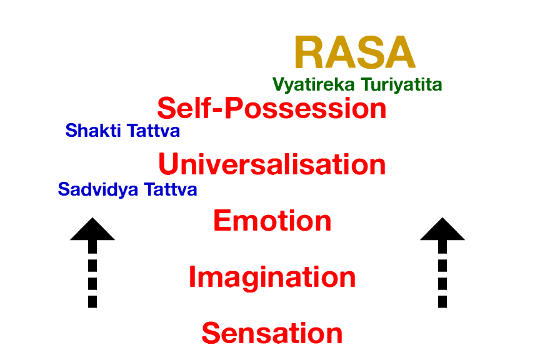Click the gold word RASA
pos(354,52)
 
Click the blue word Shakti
pos(91,131)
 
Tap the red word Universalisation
pos(272,164)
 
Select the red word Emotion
pos(272,221)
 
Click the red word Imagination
pos(272,277)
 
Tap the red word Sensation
pos(272,333)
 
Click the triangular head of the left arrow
pos(92,231)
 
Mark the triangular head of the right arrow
pos(442,231)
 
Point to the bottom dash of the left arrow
pos(92,301)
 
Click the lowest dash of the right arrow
pos(442,301)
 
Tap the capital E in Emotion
pos(222,221)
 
